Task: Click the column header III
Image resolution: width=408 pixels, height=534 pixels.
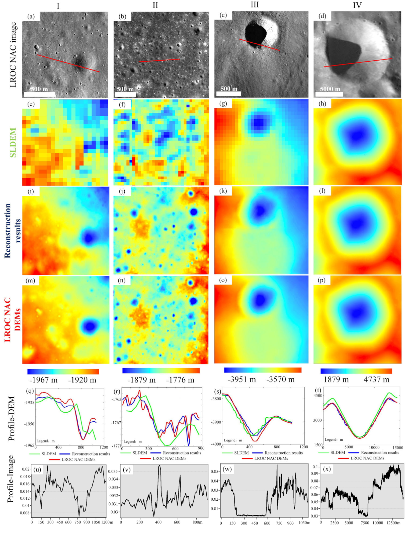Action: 254,5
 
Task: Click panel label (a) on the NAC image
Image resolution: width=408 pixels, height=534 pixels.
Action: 31,17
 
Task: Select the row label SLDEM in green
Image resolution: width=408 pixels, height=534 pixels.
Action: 13,142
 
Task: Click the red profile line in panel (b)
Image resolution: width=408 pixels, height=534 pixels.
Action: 159,60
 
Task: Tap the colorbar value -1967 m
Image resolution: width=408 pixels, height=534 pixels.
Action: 43,380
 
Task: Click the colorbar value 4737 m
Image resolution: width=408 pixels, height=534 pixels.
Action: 376,379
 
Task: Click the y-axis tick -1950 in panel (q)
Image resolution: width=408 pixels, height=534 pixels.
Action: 29,424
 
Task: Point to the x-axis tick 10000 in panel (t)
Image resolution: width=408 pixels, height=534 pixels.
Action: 374,447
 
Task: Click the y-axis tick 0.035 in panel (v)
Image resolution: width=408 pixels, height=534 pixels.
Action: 113,471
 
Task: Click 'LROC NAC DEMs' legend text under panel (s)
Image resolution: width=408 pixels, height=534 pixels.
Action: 271,459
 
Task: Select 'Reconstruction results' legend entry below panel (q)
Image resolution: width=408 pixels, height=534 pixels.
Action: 91,454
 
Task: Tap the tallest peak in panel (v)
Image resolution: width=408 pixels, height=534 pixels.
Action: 159,466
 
